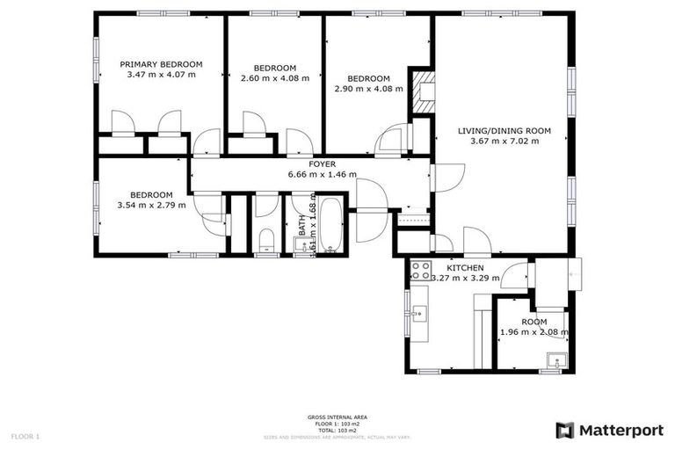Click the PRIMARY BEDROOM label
[x=161, y=64]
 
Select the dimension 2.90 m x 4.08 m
[x=368, y=89]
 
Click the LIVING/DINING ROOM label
[x=504, y=131]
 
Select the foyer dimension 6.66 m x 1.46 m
[x=322, y=174]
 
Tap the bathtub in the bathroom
[x=330, y=225]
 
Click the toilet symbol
[x=267, y=240]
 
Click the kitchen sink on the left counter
[x=416, y=312]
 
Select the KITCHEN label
[x=465, y=267]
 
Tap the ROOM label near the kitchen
[x=533, y=322]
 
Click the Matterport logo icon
[x=565, y=430]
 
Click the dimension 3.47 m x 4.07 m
[x=161, y=75]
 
